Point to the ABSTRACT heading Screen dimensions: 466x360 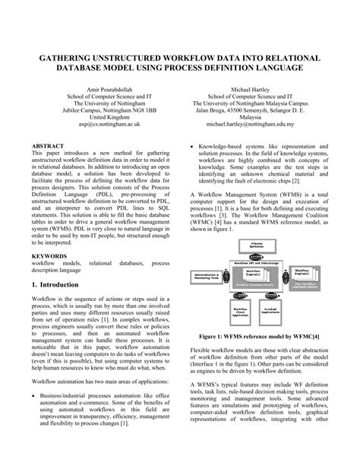click(48, 144)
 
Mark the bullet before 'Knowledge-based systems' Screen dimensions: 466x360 click(188, 144)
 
